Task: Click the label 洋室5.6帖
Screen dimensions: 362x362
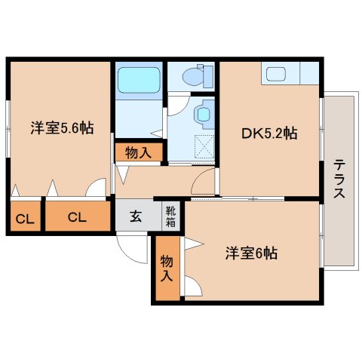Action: (x=62, y=127)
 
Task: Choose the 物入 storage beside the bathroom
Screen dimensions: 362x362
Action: (x=138, y=152)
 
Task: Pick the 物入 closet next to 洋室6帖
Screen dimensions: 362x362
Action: (x=167, y=267)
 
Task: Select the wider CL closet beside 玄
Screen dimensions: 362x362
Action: (x=77, y=217)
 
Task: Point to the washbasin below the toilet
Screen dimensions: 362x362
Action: (x=202, y=115)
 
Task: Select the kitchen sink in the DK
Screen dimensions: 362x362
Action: (x=275, y=75)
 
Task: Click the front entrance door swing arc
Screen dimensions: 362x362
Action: (x=131, y=249)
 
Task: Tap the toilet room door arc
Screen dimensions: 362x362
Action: (x=176, y=105)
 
